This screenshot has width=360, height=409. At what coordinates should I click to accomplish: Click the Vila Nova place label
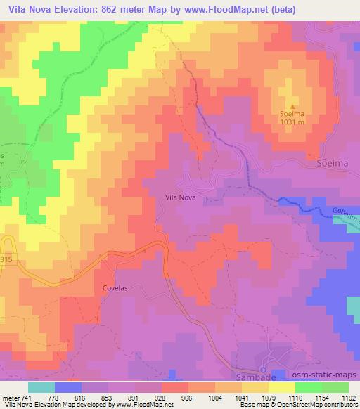[x=180, y=198]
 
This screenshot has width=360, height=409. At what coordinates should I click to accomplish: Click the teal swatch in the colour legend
[x=41, y=387]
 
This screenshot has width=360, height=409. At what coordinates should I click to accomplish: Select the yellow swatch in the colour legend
[x=281, y=387]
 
